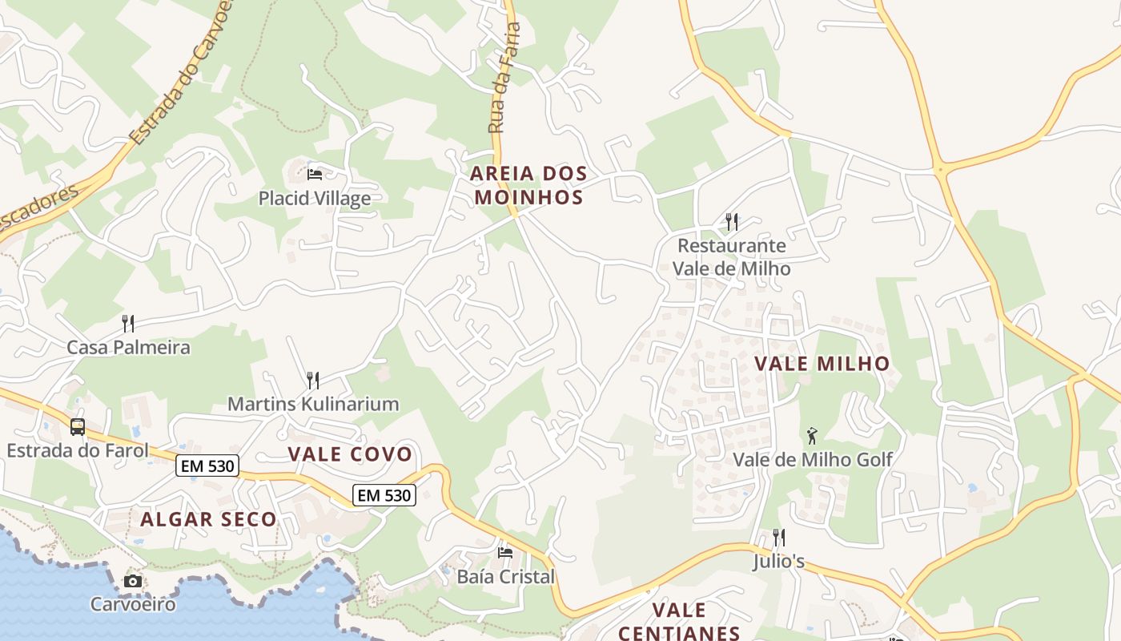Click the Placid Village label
314,198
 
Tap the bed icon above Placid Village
315,174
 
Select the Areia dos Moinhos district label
528,185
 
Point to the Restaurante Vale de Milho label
731,256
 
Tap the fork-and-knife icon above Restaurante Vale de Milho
732,221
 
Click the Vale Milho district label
822,364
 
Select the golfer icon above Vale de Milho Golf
813,436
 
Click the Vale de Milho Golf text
813,460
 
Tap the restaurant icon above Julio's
778,537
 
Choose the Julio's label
778,561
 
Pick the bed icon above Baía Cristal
505,552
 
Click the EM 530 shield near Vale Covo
384,495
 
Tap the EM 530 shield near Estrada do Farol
207,466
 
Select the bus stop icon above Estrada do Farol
78,427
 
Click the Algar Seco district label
208,519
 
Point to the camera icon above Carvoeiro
133,581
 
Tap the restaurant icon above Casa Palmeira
128,324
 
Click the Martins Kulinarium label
313,404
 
